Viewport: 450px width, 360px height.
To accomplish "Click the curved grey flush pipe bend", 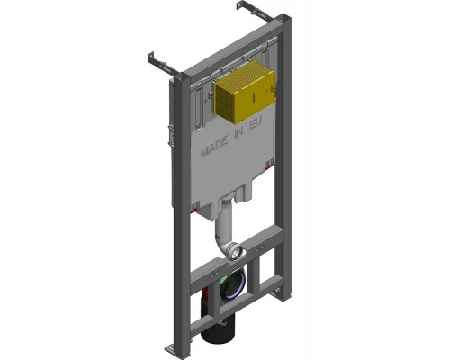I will [223, 241].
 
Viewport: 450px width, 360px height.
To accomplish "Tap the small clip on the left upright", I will [175, 135].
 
